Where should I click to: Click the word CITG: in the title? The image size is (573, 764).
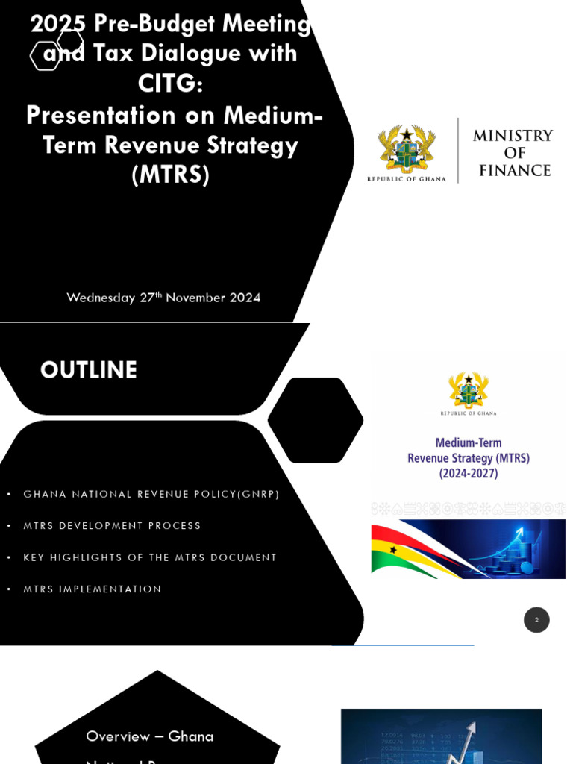[x=170, y=84]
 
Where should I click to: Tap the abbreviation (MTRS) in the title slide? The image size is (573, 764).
[x=170, y=175]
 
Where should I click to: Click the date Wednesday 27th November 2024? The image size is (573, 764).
[x=163, y=298]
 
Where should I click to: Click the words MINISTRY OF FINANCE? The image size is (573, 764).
[x=513, y=153]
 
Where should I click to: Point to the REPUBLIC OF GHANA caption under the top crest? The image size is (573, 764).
[x=407, y=179]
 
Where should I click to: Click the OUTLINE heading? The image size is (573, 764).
[x=89, y=371]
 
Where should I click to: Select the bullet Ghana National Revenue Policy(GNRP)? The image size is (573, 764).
[x=151, y=494]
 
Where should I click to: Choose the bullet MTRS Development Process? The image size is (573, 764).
[x=112, y=526]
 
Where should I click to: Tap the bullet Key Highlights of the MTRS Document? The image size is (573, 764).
[x=150, y=557]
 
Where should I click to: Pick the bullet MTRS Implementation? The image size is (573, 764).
[x=93, y=589]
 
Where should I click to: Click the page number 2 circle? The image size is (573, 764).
[x=536, y=620]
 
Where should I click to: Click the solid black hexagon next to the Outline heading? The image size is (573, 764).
[x=315, y=420]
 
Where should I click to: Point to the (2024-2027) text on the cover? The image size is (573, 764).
[x=469, y=473]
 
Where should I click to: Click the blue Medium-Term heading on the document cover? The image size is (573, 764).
[x=469, y=442]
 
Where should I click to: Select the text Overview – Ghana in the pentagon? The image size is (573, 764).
[x=149, y=736]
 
